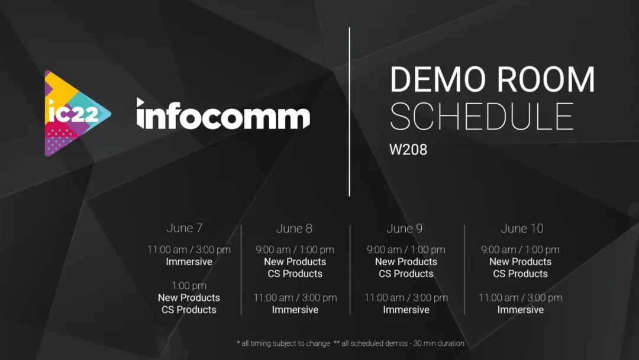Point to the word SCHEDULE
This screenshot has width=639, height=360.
click(x=482, y=117)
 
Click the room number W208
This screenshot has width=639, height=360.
click(x=408, y=149)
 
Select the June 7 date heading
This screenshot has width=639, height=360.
click(x=185, y=228)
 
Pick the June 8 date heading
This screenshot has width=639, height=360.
click(x=294, y=229)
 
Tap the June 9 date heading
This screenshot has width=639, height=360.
click(x=404, y=229)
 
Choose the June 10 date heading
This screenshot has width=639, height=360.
click(x=522, y=229)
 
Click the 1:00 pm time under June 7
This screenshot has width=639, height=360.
click(x=189, y=285)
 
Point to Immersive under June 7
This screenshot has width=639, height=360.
click(x=189, y=262)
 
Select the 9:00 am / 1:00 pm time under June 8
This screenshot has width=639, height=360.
click(x=295, y=249)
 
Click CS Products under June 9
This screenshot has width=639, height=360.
click(x=406, y=274)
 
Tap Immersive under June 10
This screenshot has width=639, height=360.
click(x=521, y=310)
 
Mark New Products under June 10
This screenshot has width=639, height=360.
click(x=521, y=262)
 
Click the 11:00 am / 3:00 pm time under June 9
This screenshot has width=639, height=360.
click(x=406, y=298)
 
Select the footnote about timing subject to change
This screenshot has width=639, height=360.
click(x=283, y=343)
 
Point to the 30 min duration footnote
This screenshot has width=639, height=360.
click(x=399, y=343)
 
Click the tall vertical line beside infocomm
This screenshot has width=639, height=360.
click(x=349, y=112)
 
